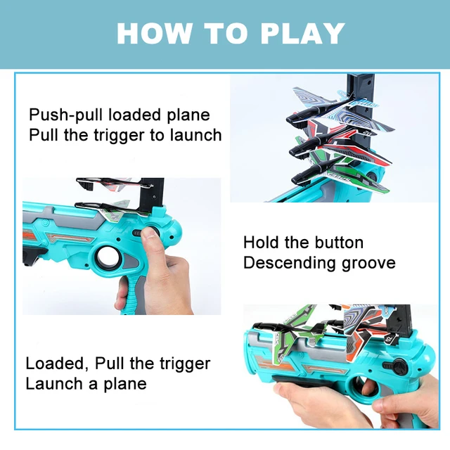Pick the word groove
369,264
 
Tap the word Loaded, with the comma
57,364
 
